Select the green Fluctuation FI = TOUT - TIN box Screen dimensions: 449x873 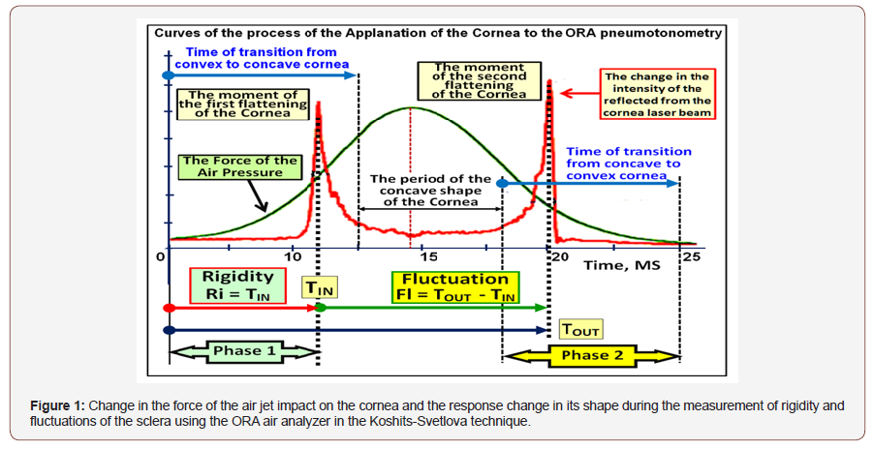(x=455, y=286)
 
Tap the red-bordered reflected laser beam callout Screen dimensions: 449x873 (x=656, y=94)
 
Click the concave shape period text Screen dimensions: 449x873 (x=431, y=191)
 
